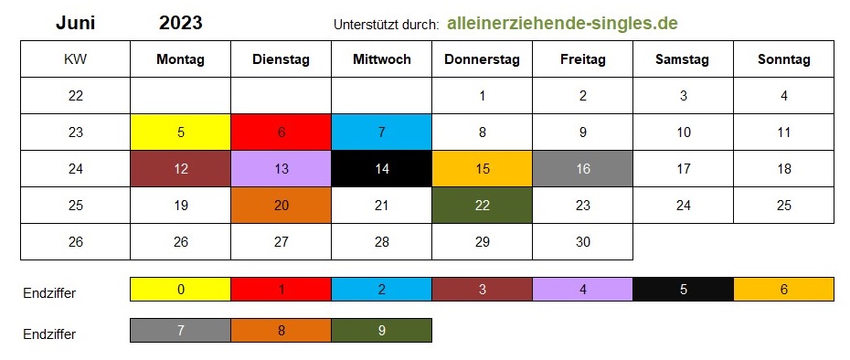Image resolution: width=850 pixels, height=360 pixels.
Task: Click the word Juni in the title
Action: [75, 23]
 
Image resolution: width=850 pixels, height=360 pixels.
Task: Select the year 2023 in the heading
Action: [181, 23]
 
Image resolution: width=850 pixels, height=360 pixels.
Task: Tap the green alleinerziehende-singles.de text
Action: [562, 24]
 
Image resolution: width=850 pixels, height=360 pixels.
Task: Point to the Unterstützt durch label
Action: [386, 25]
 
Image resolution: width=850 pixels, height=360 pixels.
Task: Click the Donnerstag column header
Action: [482, 59]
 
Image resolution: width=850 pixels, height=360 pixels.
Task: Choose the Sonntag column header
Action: [784, 59]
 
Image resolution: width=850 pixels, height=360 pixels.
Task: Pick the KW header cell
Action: [75, 59]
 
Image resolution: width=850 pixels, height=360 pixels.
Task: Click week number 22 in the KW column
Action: [75, 96]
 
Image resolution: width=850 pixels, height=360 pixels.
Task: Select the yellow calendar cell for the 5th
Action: [181, 132]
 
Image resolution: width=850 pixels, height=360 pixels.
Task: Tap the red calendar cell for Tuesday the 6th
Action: [281, 132]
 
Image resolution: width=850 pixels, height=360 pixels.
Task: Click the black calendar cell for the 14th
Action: [382, 169]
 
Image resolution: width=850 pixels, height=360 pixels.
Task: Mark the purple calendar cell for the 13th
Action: [281, 169]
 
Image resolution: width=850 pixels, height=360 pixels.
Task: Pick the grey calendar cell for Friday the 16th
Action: [583, 169]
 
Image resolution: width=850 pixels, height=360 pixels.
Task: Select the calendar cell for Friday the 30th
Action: [583, 242]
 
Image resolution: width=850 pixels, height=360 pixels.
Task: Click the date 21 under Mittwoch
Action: [382, 206]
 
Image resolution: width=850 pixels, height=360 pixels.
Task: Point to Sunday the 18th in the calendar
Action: [784, 169]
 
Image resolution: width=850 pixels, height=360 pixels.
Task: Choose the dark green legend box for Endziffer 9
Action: [382, 330]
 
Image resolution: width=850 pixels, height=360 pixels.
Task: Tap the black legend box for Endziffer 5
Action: [683, 290]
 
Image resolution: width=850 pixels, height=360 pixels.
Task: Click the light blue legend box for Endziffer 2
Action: [382, 290]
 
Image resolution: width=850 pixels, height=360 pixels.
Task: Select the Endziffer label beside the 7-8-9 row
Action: [49, 334]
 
